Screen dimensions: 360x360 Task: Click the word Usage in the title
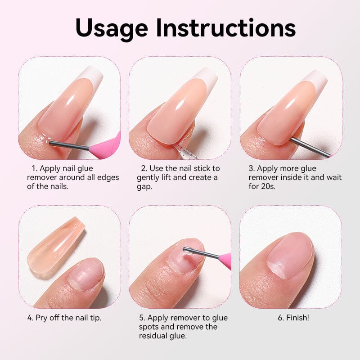[112, 28]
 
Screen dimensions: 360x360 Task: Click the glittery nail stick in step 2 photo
[181, 151]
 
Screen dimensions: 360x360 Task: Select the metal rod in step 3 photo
[311, 147]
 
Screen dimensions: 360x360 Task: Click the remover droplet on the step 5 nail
[188, 252]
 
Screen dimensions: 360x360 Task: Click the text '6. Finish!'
[293, 318]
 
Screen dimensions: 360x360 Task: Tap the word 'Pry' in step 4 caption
[41, 318]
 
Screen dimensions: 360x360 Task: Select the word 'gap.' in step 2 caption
[144, 187]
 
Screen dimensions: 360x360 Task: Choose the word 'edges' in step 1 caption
[108, 178]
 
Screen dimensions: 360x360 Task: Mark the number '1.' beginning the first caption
[35, 168]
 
